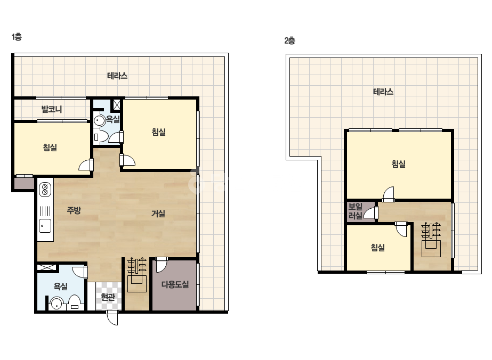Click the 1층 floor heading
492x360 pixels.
(17, 37)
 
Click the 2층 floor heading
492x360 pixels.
(289, 40)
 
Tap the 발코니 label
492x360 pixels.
(52, 109)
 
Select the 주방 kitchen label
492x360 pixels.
(74, 210)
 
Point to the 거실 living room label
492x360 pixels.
(158, 214)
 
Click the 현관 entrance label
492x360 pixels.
(108, 297)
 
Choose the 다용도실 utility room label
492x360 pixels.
(175, 284)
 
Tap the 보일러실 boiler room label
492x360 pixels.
(356, 211)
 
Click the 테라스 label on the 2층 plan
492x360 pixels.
(383, 92)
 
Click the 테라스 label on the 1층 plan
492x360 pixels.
(117, 76)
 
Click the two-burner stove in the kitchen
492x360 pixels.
(45, 190)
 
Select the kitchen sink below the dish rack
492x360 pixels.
(45, 226)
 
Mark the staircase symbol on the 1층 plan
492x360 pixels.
(137, 275)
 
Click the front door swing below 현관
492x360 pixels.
(112, 317)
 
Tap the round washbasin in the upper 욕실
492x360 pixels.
(100, 121)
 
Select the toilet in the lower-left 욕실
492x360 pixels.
(75, 302)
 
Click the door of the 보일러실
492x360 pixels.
(371, 212)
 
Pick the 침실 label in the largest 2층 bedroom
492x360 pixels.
(399, 163)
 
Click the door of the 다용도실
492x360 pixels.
(162, 264)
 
